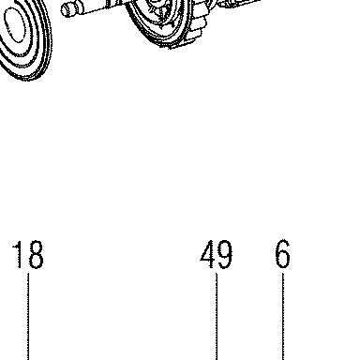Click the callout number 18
[x=28, y=254]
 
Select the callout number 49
[x=217, y=254]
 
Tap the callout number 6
[x=283, y=254]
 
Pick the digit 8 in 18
[x=35, y=254]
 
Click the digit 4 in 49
[x=207, y=254]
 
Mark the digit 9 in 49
[x=225, y=255]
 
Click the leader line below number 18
[x=28, y=317]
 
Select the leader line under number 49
[x=217, y=317]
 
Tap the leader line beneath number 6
[x=283, y=317]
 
